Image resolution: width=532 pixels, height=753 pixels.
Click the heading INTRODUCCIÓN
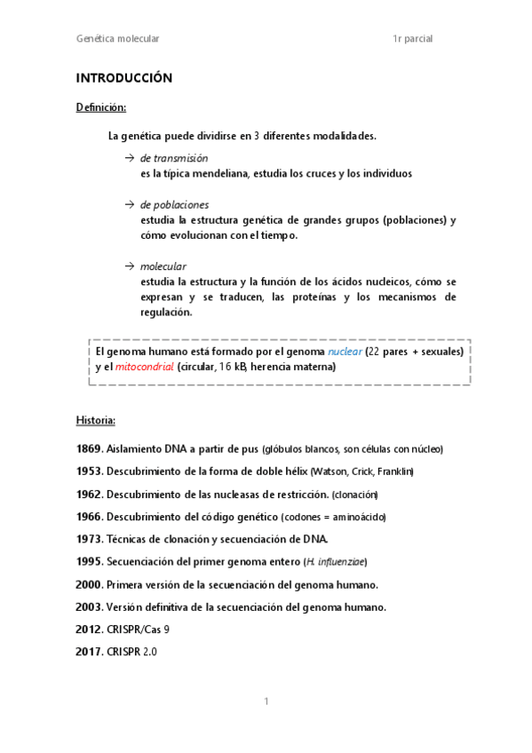coord(123,78)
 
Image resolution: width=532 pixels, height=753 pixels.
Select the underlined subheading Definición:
coord(100,107)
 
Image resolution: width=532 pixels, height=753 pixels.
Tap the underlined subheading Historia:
coord(96,419)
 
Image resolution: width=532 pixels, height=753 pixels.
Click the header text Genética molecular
coord(117,39)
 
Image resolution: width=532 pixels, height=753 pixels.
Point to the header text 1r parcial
coord(412,39)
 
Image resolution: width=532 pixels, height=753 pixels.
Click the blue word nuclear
coord(345,352)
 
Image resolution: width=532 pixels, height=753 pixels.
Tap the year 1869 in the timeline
coord(90,449)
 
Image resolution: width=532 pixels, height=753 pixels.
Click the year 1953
coord(90,472)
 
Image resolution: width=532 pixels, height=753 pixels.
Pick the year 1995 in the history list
coord(90,562)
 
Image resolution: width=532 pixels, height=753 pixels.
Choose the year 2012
coord(90,630)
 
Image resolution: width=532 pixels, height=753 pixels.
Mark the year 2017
coord(90,652)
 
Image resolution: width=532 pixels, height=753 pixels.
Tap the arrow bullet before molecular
coord(130,266)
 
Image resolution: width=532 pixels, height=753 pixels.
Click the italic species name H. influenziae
coord(335,562)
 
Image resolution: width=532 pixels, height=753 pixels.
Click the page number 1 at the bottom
coord(266,702)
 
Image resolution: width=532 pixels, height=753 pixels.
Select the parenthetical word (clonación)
coord(354,495)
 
